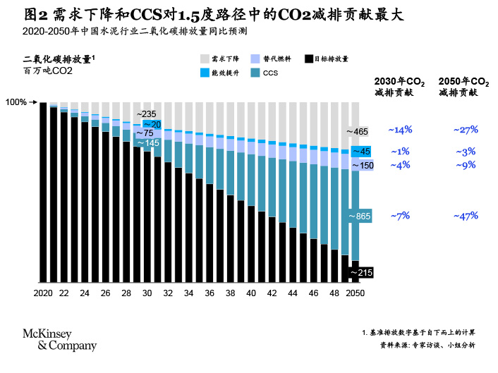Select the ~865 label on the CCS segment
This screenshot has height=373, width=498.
(x=360, y=216)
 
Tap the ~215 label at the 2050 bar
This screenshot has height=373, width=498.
(x=360, y=271)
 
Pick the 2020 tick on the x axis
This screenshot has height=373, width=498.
(x=43, y=293)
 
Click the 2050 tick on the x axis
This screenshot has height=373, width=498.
(x=355, y=293)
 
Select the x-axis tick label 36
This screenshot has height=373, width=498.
(x=209, y=293)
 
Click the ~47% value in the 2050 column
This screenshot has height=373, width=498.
(x=466, y=216)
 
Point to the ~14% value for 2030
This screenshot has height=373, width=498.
(x=400, y=130)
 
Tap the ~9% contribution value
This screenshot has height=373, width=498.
(x=466, y=165)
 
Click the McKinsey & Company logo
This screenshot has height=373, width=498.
(x=60, y=340)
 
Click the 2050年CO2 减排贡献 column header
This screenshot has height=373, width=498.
(x=463, y=87)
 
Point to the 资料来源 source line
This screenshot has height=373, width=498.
(x=427, y=346)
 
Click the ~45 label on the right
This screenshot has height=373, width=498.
(x=360, y=152)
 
